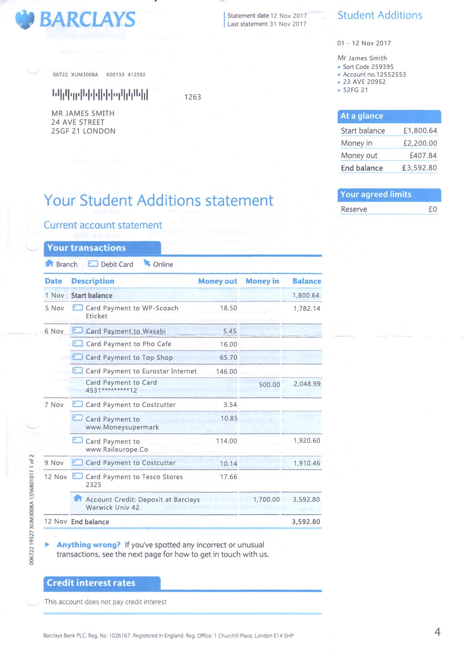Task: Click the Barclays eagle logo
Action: tap(25, 20)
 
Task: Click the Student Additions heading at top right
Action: tap(380, 15)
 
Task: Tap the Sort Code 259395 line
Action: tap(368, 67)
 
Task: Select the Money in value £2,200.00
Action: tap(420, 143)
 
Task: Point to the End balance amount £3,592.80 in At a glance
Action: tap(419, 168)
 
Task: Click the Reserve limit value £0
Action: tap(433, 209)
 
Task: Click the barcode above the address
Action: tap(100, 94)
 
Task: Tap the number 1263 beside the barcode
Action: tap(193, 97)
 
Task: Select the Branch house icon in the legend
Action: tap(49, 264)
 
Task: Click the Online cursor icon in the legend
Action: tap(147, 263)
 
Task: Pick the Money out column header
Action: tap(217, 281)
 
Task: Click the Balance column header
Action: tap(307, 281)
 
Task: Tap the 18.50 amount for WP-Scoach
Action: tap(228, 308)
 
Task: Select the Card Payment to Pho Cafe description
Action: tap(129, 344)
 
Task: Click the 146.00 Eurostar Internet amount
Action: tap(227, 372)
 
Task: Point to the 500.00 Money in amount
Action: tap(269, 385)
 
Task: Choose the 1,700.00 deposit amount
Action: tap(266, 500)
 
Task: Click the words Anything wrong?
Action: tap(88, 545)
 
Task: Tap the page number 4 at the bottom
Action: tap(437, 632)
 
